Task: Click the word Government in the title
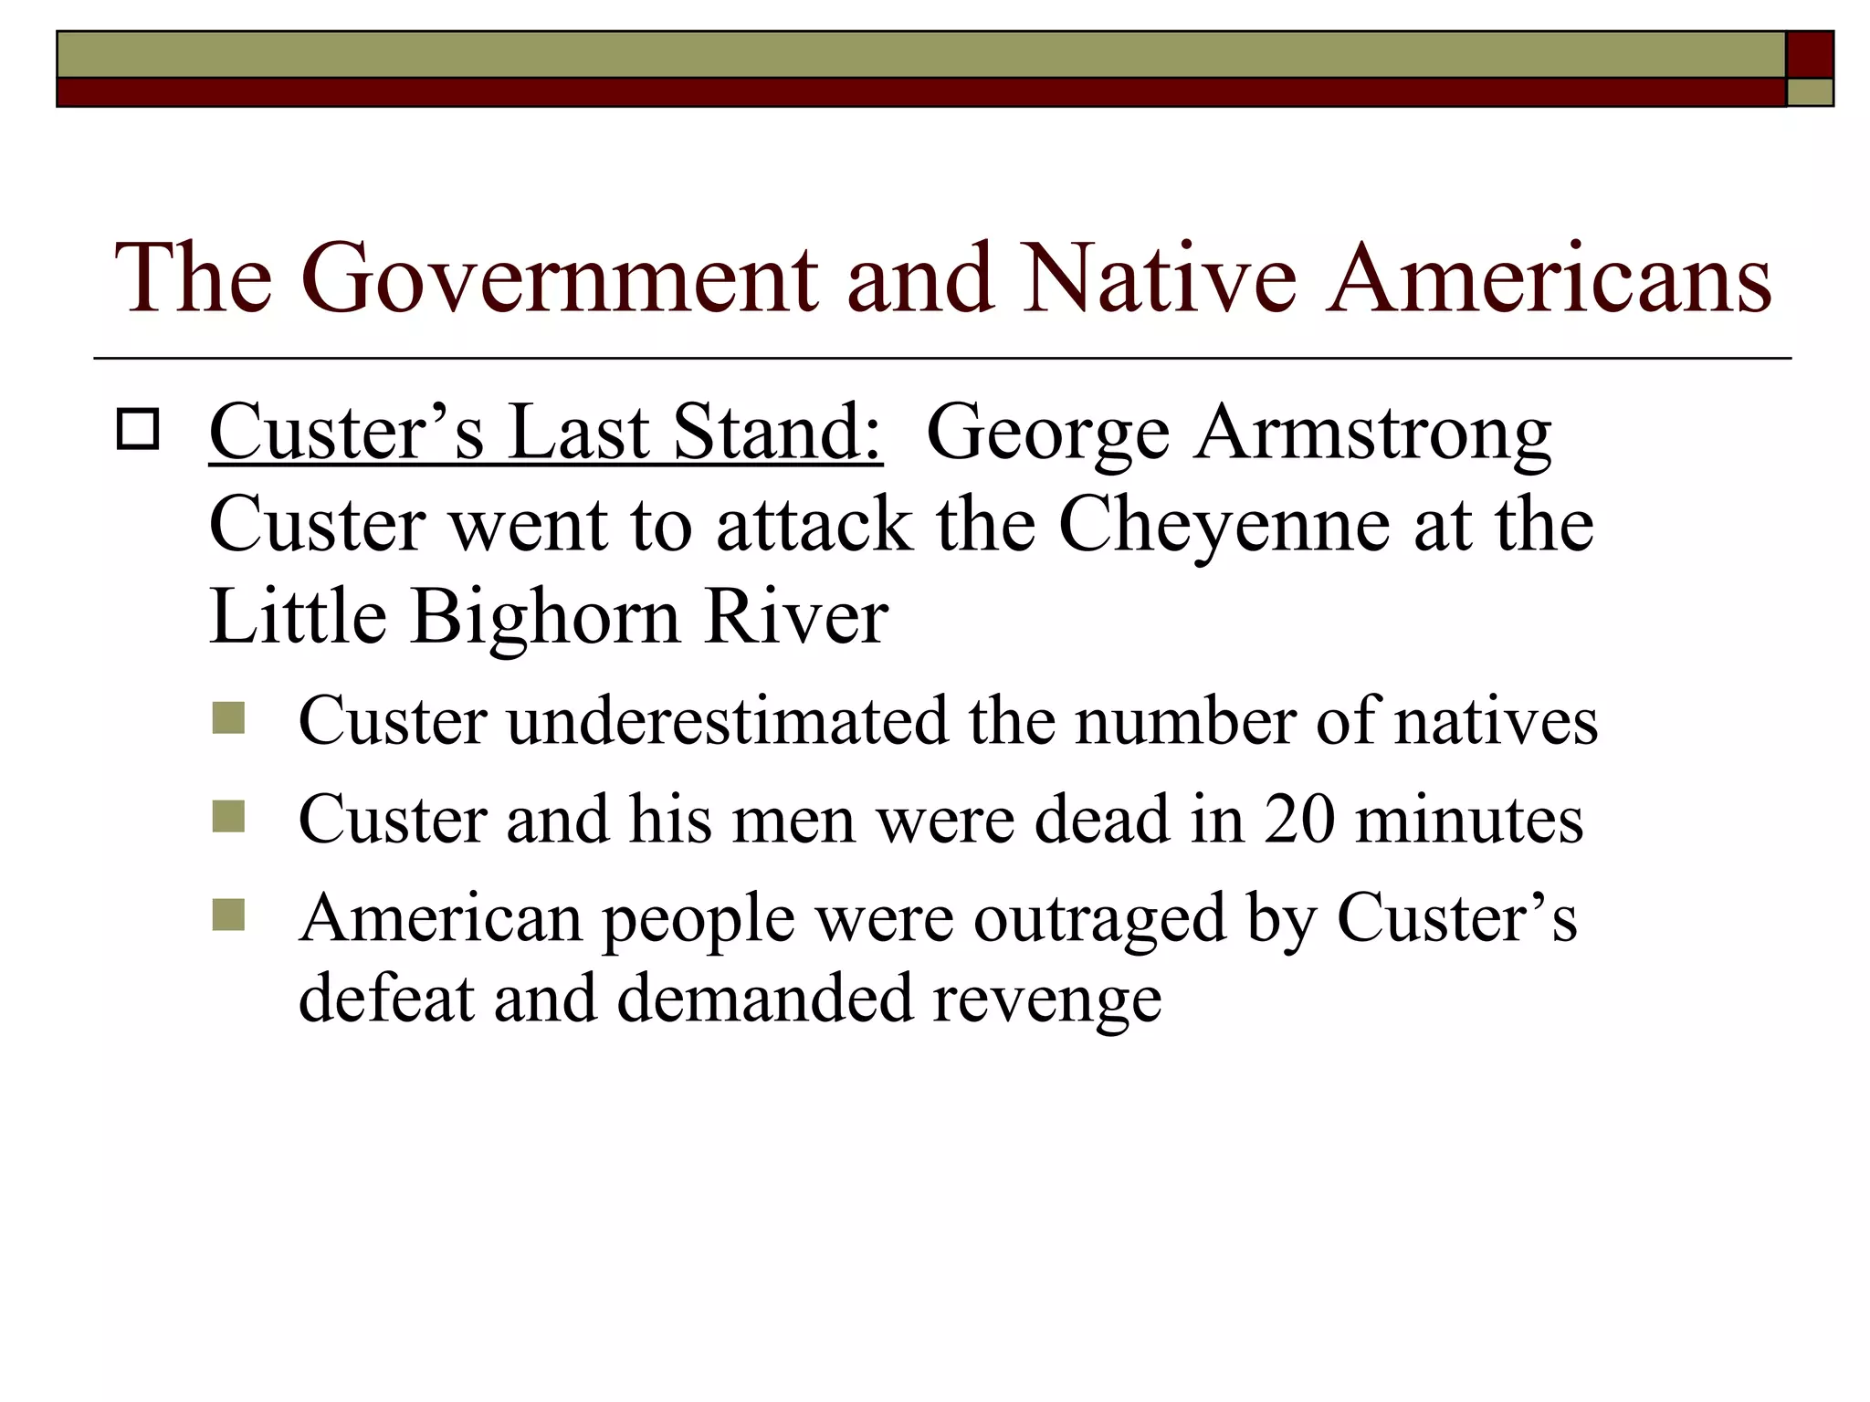pyautogui.click(x=557, y=278)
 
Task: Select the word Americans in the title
pyautogui.click(x=1549, y=278)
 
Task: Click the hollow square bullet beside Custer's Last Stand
pyautogui.click(x=138, y=430)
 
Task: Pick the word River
pyautogui.click(x=795, y=616)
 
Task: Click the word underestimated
pyautogui.click(x=728, y=721)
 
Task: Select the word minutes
pyautogui.click(x=1469, y=819)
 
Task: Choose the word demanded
pyautogui.click(x=764, y=998)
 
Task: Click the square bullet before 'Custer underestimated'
pyautogui.click(x=228, y=718)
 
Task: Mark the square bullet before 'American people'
pyautogui.click(x=228, y=915)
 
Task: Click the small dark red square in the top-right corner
pyautogui.click(x=1809, y=55)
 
